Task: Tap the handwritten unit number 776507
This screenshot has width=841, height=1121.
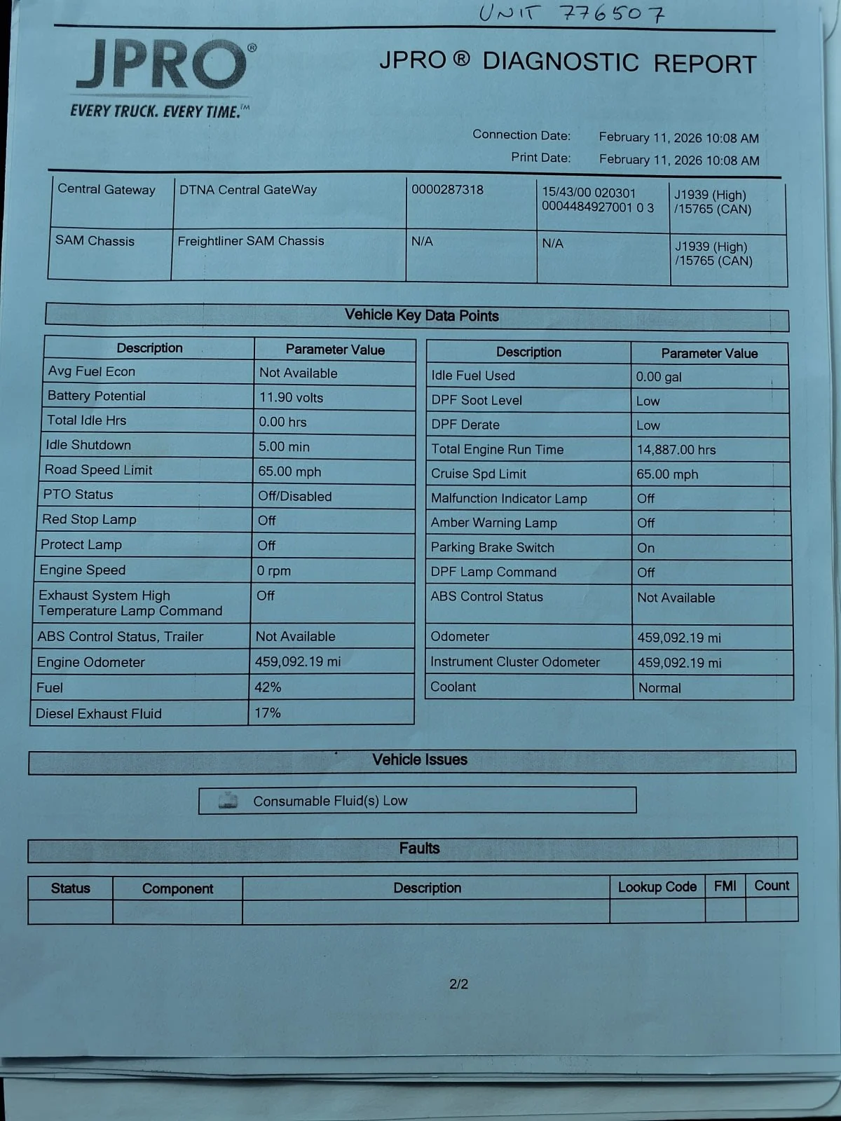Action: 571,13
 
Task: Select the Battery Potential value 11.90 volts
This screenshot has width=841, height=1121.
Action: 291,398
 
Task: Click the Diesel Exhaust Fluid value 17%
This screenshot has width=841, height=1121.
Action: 268,713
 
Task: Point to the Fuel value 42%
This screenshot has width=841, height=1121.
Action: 268,687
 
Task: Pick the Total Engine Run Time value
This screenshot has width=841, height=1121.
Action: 676,450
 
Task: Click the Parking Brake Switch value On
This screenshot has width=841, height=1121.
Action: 645,548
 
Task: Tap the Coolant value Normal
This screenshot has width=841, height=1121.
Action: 659,688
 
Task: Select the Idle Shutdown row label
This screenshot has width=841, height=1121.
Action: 88,445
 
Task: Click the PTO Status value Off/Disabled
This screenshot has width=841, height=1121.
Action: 294,496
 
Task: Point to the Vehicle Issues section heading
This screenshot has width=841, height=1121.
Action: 419,759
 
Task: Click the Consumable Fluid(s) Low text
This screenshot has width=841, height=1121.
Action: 330,801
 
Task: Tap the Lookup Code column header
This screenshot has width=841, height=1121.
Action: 657,887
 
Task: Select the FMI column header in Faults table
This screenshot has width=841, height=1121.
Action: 725,886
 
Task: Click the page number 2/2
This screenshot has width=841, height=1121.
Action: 458,984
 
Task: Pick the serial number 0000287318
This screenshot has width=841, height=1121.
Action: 447,190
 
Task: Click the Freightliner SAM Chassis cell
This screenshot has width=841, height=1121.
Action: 250,241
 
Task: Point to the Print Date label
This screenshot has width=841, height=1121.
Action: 540,158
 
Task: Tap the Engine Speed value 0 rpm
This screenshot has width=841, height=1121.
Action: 273,571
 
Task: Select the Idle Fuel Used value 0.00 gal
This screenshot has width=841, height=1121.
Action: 658,377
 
